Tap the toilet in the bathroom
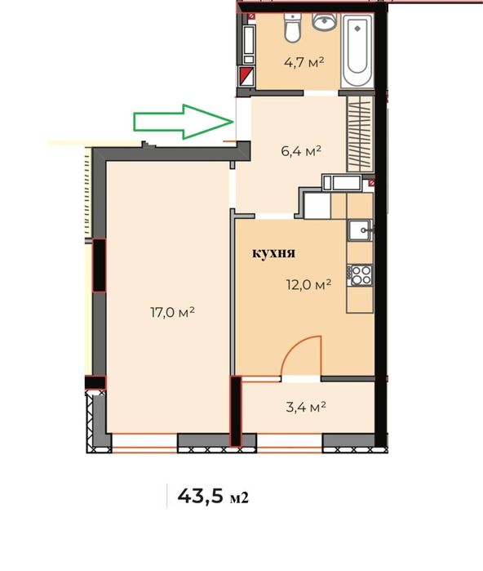(292, 27)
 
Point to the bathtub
(357, 51)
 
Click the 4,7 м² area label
(304, 63)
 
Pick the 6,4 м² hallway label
(301, 150)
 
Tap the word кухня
(274, 253)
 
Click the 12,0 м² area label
(308, 284)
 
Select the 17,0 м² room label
(173, 312)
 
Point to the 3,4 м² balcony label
(306, 407)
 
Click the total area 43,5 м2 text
(213, 497)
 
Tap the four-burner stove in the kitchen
(360, 275)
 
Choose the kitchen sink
(360, 230)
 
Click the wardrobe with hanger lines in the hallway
(360, 134)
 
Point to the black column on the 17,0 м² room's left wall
(99, 265)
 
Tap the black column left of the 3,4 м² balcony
(236, 412)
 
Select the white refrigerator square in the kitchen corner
(317, 206)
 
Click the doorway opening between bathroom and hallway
(321, 93)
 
